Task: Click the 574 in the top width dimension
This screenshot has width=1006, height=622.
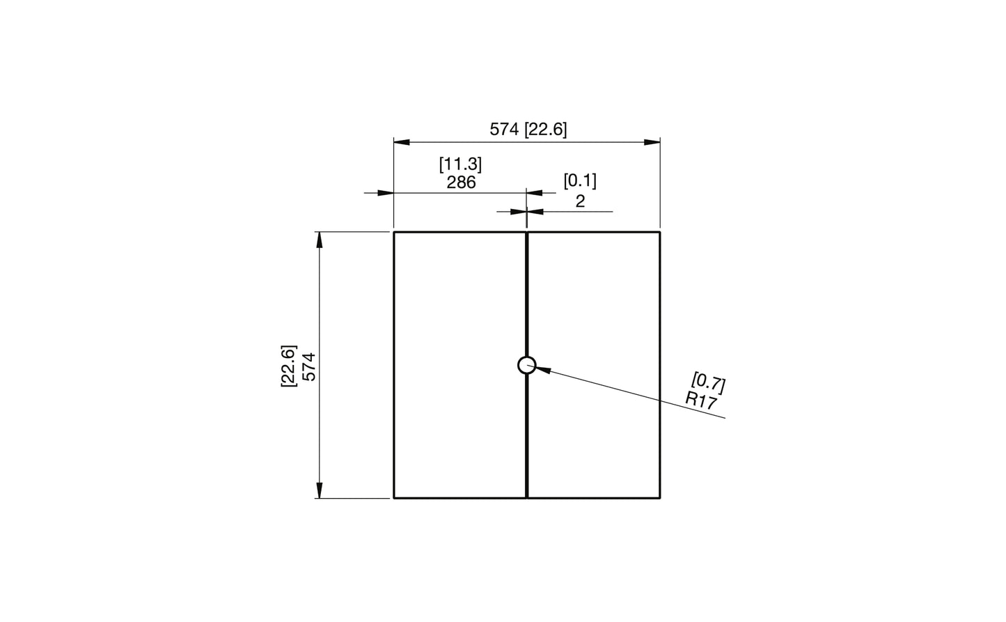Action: pyautogui.click(x=504, y=130)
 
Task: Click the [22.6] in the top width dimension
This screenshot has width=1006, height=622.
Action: pyautogui.click(x=546, y=130)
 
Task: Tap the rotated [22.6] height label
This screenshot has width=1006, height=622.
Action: pyautogui.click(x=289, y=366)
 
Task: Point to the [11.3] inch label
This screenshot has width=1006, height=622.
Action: pyautogui.click(x=460, y=164)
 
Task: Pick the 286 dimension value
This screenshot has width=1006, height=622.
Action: pyautogui.click(x=461, y=182)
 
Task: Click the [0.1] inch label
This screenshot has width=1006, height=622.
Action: pyautogui.click(x=580, y=181)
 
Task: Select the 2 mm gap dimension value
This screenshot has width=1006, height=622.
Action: pyautogui.click(x=580, y=201)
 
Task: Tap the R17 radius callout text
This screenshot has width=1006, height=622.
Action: pyautogui.click(x=700, y=400)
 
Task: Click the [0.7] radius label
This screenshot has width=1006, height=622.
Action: pyautogui.click(x=709, y=382)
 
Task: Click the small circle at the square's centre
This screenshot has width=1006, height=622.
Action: pyautogui.click(x=527, y=364)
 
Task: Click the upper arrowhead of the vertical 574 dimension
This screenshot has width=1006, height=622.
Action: pyautogui.click(x=320, y=240)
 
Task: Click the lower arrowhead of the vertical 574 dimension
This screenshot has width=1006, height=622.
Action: pyautogui.click(x=320, y=490)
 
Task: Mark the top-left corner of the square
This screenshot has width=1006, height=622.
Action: pyautogui.click(x=394, y=232)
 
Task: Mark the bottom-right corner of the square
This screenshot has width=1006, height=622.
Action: pyautogui.click(x=660, y=498)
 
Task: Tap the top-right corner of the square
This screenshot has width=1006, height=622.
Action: pyautogui.click(x=660, y=232)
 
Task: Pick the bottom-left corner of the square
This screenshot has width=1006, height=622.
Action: pyautogui.click(x=394, y=498)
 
